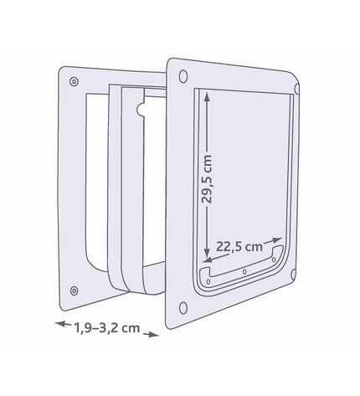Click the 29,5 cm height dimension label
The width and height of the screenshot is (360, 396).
(207, 179)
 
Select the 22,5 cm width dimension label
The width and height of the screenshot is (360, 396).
(239, 247)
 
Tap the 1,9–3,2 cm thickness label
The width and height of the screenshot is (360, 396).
(107, 328)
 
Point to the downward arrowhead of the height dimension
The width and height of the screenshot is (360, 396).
(207, 254)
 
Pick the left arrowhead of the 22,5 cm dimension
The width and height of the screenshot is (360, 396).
(208, 260)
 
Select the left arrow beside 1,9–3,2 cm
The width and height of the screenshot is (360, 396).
(63, 324)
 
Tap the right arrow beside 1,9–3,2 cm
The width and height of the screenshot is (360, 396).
(151, 334)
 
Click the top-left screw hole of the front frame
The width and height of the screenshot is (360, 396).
(183, 76)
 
